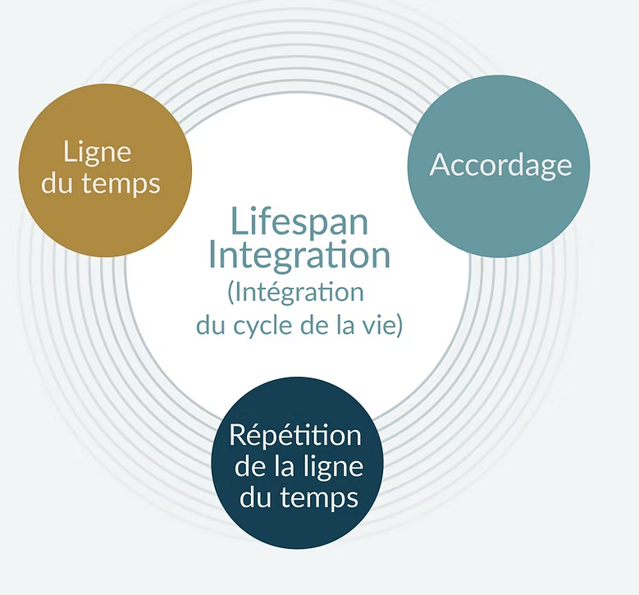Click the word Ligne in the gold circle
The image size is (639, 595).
(97, 153)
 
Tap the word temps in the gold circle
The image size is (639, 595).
(121, 183)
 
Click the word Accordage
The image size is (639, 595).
(500, 165)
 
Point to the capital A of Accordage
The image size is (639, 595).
(440, 165)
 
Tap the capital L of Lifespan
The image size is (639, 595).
(237, 220)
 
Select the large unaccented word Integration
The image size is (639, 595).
(299, 255)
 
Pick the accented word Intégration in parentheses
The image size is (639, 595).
(303, 292)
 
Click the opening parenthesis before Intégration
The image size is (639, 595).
(230, 293)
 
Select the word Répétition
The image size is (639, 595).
(295, 435)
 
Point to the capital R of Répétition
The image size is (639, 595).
(238, 435)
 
